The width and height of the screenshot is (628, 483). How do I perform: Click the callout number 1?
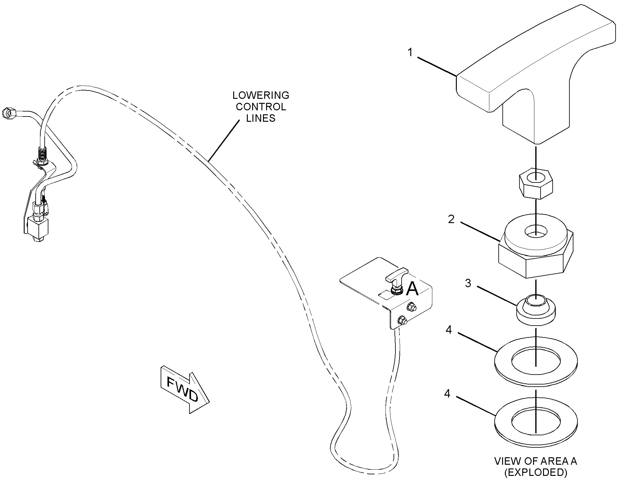click(x=410, y=53)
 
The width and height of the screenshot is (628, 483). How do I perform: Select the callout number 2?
click(x=451, y=219)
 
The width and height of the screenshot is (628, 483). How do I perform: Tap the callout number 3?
click(x=468, y=283)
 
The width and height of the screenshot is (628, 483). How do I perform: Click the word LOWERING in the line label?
click(x=261, y=95)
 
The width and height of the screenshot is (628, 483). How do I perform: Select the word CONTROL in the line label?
click(x=261, y=107)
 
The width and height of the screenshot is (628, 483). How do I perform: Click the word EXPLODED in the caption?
click(x=536, y=472)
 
